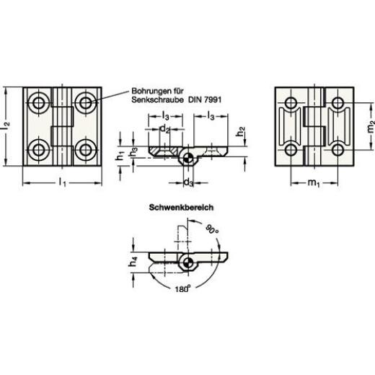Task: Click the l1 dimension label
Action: pos(62,182)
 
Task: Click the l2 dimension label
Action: pos(6,125)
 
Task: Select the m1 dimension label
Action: pos(314,183)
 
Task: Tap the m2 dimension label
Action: pos(371,126)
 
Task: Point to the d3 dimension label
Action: pos(188,182)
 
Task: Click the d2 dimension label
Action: pos(164,129)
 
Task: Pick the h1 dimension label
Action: pos(120,156)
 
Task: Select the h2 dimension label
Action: pos(240,131)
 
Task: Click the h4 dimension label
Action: pos(133,262)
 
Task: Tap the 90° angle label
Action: pos(212,229)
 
